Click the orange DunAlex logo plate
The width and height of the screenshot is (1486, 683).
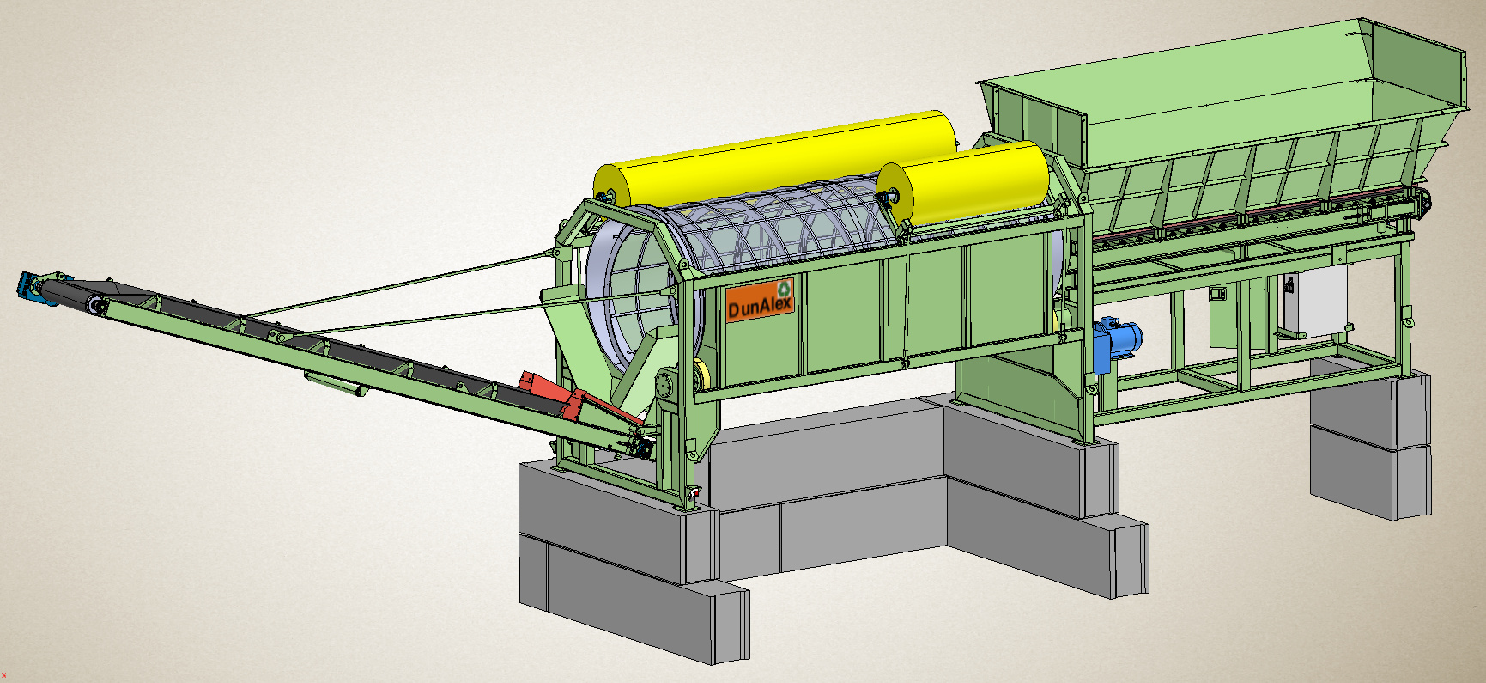[760, 300]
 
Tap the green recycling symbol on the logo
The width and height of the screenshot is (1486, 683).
[784, 289]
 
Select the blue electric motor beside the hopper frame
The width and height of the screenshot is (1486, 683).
[1117, 342]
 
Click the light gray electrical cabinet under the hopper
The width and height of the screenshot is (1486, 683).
[1313, 302]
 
